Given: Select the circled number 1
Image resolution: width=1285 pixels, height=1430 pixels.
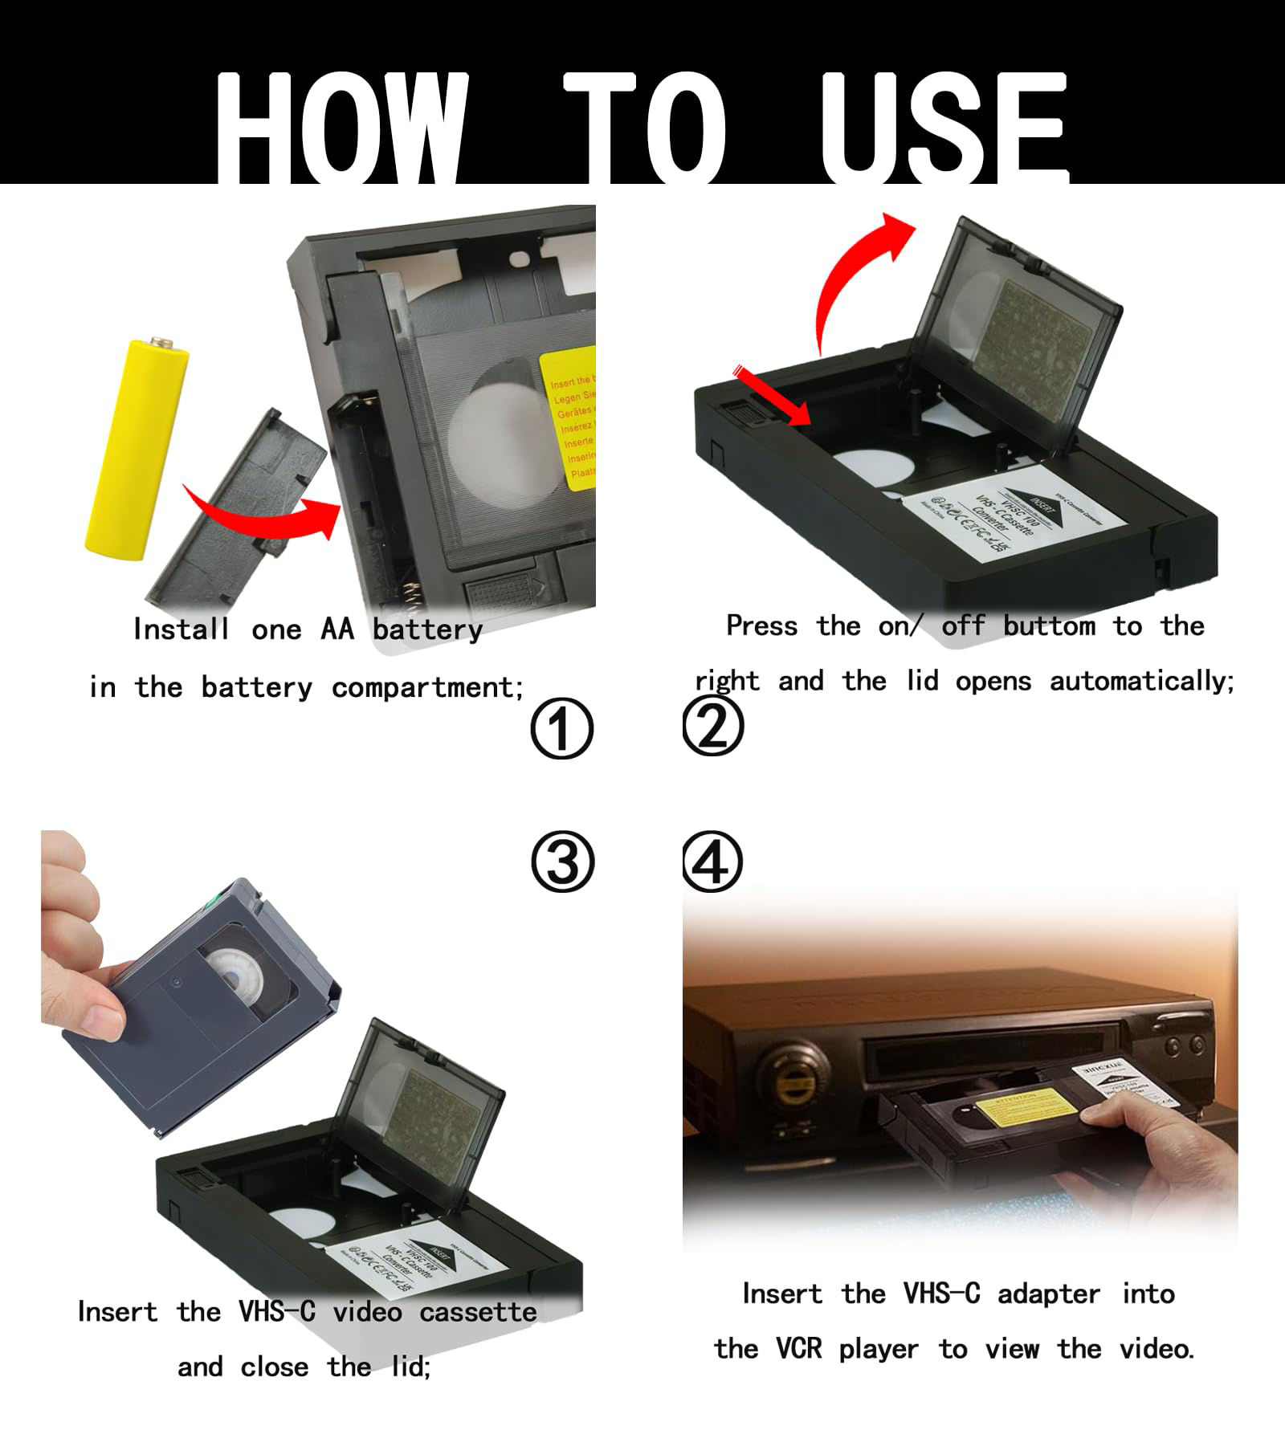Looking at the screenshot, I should point(561,729).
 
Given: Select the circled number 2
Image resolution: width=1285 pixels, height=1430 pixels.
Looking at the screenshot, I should point(712,727).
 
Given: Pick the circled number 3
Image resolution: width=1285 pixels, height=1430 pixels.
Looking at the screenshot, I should point(562,862).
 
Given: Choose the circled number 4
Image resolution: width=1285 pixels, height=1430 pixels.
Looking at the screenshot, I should point(712,862).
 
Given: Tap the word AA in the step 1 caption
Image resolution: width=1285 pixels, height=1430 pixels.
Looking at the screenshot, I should point(337,629).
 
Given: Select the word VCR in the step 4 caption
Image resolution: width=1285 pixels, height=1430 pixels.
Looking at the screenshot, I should point(798,1348).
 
